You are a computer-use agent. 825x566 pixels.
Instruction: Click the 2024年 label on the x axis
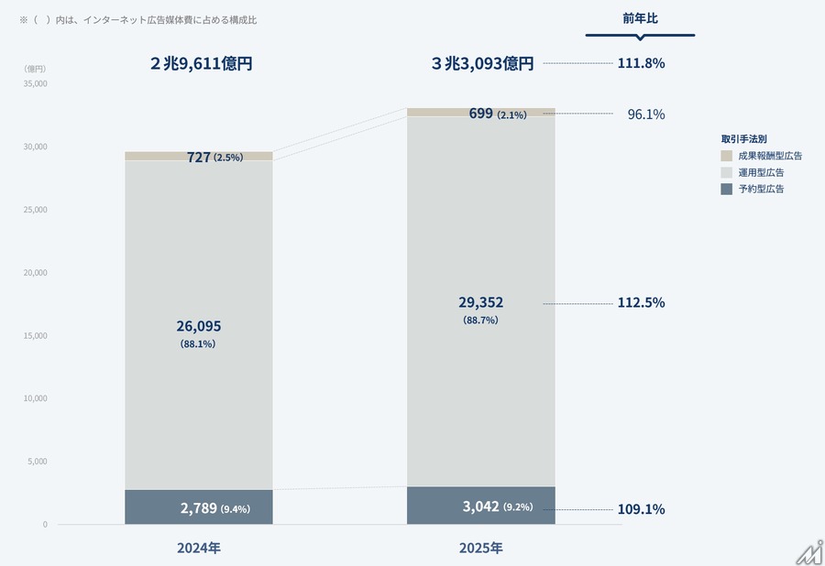point(199,549)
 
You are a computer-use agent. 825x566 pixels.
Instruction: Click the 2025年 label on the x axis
point(480,549)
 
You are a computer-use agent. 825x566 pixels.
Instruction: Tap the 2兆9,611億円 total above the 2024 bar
point(201,64)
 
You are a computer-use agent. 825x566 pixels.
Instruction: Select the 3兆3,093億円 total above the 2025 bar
point(482,64)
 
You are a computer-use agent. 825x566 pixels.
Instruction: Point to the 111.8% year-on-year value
point(641,63)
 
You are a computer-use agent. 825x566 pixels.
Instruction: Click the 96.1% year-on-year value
point(646,114)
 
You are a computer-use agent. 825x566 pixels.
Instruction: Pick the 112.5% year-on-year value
point(641,303)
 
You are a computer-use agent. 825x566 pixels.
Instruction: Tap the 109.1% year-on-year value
point(641,509)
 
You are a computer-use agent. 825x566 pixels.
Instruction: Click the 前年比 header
point(640,17)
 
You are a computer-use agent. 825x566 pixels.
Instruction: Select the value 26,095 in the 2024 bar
point(199,326)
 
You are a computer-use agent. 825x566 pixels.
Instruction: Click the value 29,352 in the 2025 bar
point(480,302)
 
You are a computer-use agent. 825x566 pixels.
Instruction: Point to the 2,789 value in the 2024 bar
point(198,508)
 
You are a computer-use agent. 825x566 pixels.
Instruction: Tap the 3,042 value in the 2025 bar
point(479,507)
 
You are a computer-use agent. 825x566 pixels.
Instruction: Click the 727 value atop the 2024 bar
point(199,157)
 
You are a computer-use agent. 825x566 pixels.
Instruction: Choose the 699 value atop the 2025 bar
point(480,114)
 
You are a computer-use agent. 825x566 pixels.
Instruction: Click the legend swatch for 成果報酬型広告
point(727,156)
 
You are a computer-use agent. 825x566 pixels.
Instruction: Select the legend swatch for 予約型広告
point(727,189)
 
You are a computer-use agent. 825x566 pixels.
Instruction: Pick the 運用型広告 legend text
point(761,172)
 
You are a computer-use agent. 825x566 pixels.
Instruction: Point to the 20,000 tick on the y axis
point(34,273)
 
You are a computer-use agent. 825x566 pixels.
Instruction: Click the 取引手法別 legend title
point(743,138)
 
